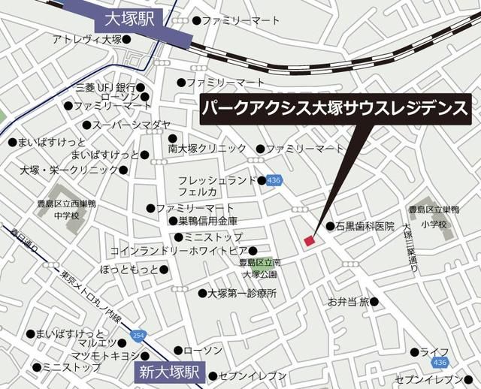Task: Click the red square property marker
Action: click(x=308, y=240)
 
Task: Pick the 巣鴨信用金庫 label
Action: click(x=208, y=222)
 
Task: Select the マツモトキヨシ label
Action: click(x=104, y=355)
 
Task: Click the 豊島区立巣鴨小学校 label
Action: click(x=433, y=217)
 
